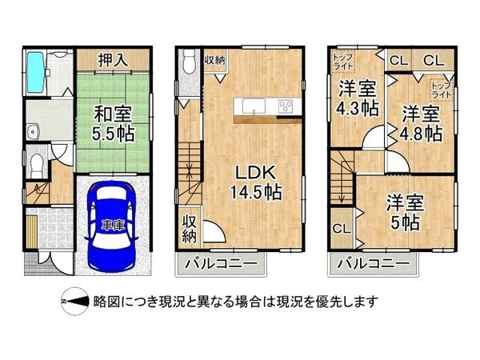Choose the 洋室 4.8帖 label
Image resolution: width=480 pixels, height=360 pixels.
point(422,122)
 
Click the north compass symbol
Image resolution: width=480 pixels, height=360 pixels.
point(74,302)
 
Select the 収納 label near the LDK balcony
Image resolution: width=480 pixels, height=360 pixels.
point(190,229)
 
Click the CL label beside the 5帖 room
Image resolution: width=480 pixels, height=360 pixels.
point(340,229)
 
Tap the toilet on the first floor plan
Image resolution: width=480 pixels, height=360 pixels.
point(34,166)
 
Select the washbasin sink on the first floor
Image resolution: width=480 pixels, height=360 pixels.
point(35,130)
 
